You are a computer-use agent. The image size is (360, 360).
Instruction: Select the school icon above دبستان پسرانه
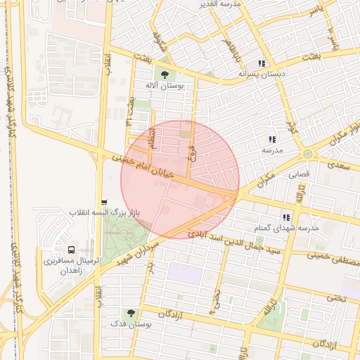click(x=262, y=63)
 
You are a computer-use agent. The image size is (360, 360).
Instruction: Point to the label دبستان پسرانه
click(x=262, y=73)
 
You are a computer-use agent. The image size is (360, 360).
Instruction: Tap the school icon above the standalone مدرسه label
click(x=272, y=140)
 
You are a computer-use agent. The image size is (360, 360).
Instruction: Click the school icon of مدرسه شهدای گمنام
click(x=286, y=217)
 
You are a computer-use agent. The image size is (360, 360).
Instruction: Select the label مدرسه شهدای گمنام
click(x=288, y=229)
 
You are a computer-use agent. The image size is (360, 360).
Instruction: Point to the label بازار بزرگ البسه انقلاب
click(x=106, y=212)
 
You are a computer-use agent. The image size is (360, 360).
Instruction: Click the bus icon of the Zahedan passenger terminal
click(x=71, y=250)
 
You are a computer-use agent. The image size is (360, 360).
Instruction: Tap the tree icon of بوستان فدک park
click(x=130, y=312)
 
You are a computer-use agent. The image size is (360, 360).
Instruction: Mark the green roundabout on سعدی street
click(x=307, y=154)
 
